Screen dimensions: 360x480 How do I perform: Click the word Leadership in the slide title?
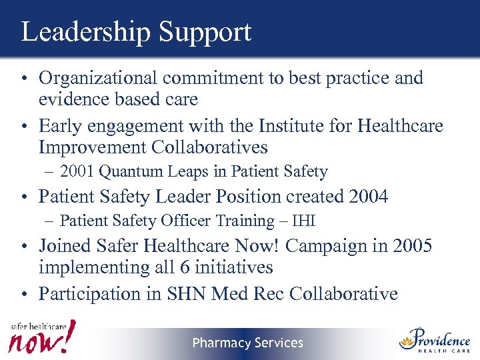(78, 32)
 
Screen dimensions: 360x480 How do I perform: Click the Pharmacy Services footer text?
(247, 343)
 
